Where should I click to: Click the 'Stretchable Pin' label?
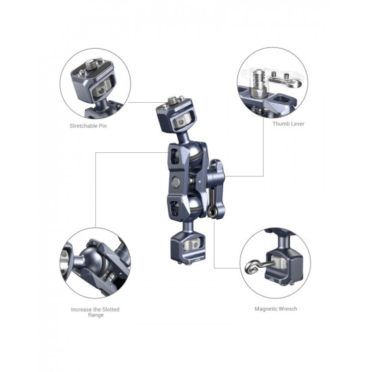click(x=88, y=126)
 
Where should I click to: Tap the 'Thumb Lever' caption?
click(x=288, y=124)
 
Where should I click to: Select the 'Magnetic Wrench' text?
click(x=276, y=308)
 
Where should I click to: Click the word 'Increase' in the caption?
click(x=81, y=309)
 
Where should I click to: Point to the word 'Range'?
click(x=96, y=315)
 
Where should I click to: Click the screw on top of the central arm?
click(x=172, y=100)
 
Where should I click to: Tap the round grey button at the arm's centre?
click(x=176, y=182)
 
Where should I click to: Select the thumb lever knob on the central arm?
click(x=215, y=177)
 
